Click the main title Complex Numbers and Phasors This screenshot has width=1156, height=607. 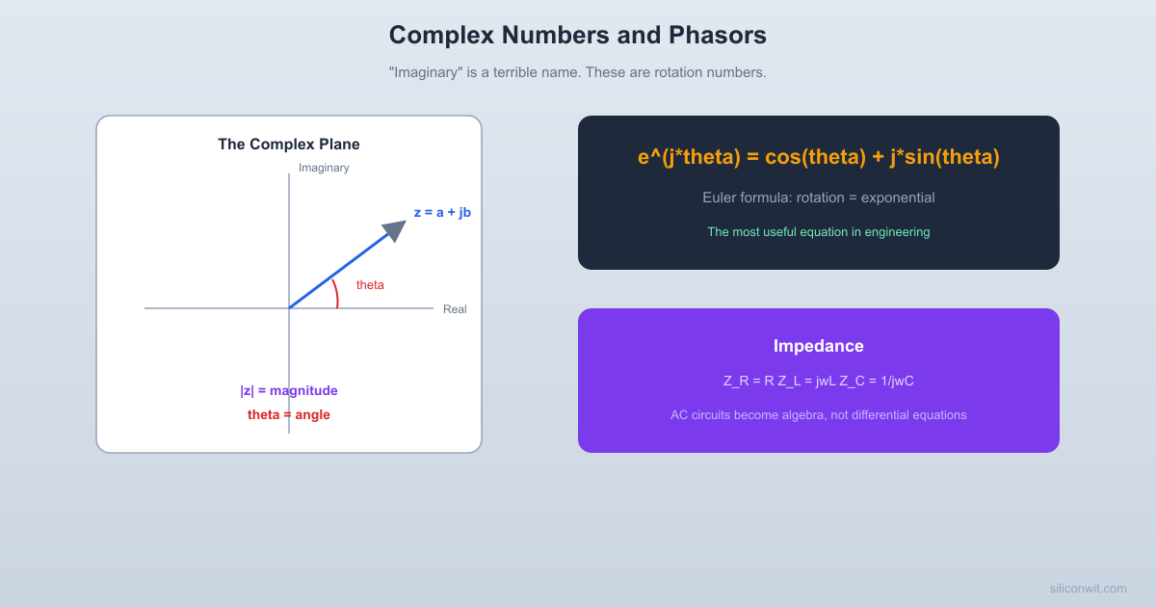pos(578,36)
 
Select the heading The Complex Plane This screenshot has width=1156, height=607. pos(289,145)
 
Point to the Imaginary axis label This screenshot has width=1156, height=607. pos(324,168)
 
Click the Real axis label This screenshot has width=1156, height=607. pos(455,309)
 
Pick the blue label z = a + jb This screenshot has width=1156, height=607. pos(442,212)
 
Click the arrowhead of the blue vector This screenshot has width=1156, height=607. pos(396,229)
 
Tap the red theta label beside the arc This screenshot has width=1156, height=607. pos(370,285)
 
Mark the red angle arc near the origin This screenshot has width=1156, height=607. pos(335,293)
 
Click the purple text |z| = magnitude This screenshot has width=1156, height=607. pos(289,391)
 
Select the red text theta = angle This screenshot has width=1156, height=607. pos(289,415)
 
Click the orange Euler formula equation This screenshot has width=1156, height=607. pos(819,157)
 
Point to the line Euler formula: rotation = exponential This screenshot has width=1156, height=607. pos(819,198)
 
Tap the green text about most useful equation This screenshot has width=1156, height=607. pos(819,232)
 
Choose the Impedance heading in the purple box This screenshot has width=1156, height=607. pos(819,346)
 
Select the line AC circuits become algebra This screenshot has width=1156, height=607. pos(819,415)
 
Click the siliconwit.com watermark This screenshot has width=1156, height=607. pos(1088,589)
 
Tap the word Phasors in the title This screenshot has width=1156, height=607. pos(718,36)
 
